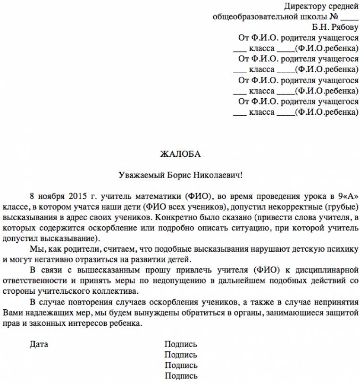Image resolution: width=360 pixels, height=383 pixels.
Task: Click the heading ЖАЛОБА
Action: coord(180,154)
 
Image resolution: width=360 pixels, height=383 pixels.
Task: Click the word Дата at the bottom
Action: coord(39,344)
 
